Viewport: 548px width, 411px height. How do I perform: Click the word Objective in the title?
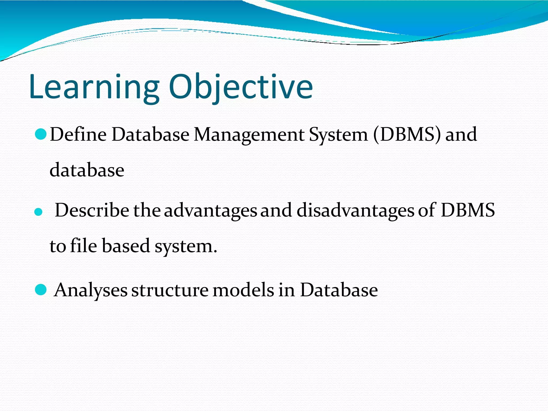pyautogui.click(x=241, y=87)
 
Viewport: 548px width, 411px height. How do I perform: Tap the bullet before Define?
pyautogui.click(x=41, y=134)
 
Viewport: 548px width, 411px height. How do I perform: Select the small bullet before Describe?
pyautogui.click(x=39, y=212)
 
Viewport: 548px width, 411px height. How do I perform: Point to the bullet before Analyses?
pyautogui.click(x=41, y=290)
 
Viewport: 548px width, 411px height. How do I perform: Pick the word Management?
pyautogui.click(x=249, y=135)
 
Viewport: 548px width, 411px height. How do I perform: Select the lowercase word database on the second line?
pyautogui.click(x=87, y=170)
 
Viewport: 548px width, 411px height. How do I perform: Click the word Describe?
pyautogui.click(x=92, y=210)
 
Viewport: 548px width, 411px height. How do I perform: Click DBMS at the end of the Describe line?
pyautogui.click(x=468, y=210)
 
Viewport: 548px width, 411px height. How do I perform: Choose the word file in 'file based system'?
pyautogui.click(x=83, y=246)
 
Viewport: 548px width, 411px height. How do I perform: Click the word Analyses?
pyautogui.click(x=91, y=290)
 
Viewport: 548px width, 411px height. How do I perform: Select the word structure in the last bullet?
pyautogui.click(x=170, y=290)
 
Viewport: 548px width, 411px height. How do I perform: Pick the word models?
pyautogui.click(x=243, y=290)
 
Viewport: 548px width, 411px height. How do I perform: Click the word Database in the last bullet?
pyautogui.click(x=339, y=290)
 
